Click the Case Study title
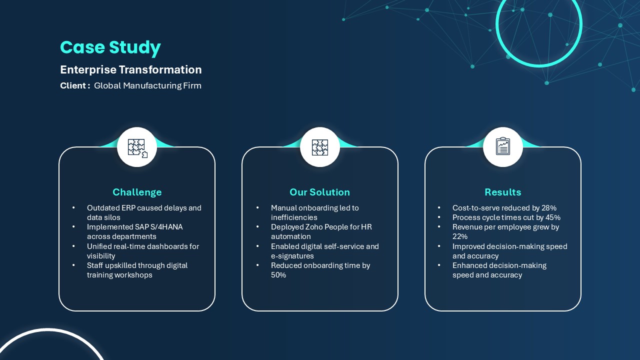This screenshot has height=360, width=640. pos(110,47)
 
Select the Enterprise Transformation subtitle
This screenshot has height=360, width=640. pos(131,69)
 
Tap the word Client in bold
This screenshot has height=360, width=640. pos(73,85)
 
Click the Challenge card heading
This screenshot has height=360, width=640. pos(137,192)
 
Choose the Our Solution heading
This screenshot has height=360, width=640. pos(319,192)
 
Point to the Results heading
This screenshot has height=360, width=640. pos(503,192)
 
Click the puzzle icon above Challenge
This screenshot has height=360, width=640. pos(137,148)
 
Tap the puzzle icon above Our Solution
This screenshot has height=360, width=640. pos(320,147)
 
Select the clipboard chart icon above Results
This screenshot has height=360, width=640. pos(503,146)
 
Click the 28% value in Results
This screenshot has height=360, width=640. pos(549,208)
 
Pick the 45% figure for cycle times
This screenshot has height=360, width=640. pos(553,217)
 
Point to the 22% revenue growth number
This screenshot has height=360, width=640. pos(460,236)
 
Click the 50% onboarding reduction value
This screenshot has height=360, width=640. pos(278,275)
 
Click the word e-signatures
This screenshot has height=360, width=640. pos(292,256)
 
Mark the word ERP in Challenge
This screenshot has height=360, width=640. pos(128,208)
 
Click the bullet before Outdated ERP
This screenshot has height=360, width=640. pos(73,207)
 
